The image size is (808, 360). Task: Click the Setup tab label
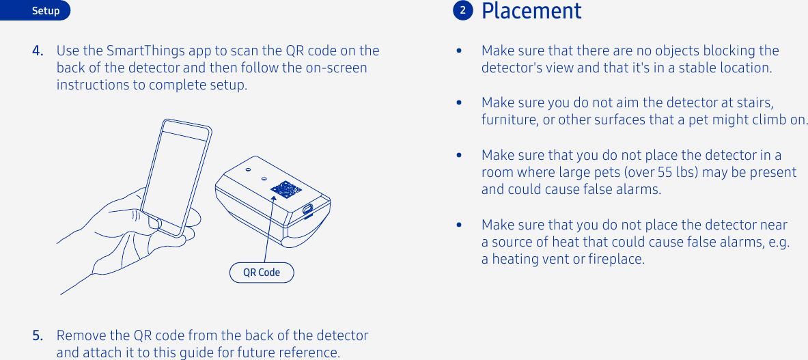pos(46,11)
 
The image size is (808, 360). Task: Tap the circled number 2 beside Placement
pos(462,11)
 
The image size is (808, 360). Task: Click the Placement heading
pos(531,12)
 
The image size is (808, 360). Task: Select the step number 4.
pos(39,51)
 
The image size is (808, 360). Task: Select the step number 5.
pos(39,335)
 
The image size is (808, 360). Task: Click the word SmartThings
pos(139,51)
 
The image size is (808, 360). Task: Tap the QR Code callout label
pos(262,273)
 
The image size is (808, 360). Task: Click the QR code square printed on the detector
pos(285,189)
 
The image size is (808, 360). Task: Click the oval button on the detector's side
pos(308,208)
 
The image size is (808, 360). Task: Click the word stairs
pos(755,103)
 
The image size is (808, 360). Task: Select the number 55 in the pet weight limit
pos(665,172)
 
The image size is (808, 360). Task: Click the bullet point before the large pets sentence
pos(460,156)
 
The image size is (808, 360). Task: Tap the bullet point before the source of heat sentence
pos(460,225)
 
